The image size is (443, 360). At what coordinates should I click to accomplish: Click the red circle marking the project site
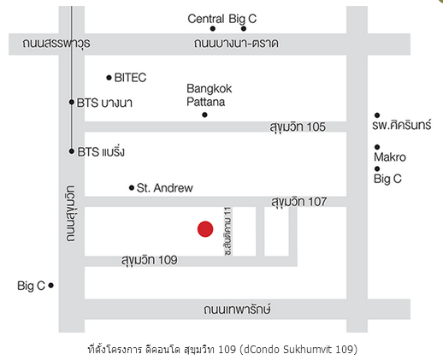[205, 229]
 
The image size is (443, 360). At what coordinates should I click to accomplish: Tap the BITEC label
[130, 78]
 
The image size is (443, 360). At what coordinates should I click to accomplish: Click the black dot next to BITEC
[109, 78]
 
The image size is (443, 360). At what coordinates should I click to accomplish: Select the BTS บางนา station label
[104, 103]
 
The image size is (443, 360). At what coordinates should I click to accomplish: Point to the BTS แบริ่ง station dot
[72, 151]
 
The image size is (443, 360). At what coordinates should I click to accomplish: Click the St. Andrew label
[165, 188]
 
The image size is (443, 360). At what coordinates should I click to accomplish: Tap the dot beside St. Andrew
[132, 187]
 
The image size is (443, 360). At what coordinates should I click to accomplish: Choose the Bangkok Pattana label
[209, 95]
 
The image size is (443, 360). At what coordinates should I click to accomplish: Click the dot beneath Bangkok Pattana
[204, 115]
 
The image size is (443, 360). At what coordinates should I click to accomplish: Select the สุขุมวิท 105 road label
[298, 127]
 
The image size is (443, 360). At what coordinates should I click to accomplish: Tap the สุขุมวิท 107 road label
[298, 202]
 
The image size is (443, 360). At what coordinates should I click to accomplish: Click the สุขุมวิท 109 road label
[150, 260]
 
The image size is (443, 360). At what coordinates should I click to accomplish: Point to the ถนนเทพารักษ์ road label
[237, 310]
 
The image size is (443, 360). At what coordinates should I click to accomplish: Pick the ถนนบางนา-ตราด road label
[236, 44]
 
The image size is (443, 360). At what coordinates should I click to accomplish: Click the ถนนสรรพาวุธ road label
[56, 44]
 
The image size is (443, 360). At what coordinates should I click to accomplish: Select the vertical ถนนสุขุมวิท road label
[71, 214]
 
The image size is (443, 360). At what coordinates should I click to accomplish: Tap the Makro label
[390, 157]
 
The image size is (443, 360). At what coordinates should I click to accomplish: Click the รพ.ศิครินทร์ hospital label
[402, 125]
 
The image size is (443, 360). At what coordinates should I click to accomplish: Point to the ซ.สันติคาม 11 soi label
[228, 231]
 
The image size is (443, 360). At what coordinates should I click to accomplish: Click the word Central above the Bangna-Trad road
[206, 19]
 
